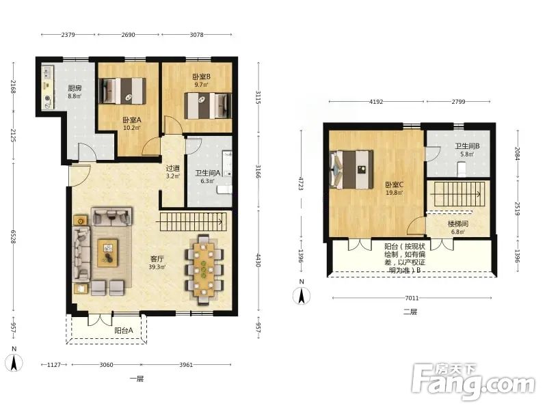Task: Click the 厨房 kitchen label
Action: tap(75, 89)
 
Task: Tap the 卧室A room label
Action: tap(131, 120)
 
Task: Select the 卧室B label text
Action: tap(201, 77)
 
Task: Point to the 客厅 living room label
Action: tap(157, 259)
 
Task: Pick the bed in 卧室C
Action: tap(351, 169)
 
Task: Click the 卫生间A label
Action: tap(208, 173)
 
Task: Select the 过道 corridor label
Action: tap(173, 169)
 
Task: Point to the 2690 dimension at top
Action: tap(128, 35)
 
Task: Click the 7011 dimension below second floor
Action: tap(412, 298)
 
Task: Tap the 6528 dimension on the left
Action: tap(13, 236)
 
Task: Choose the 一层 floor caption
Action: tap(136, 379)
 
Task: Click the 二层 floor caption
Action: tap(410, 312)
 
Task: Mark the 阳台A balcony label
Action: tap(124, 331)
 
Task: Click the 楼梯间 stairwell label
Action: tap(457, 224)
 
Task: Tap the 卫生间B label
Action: tap(467, 146)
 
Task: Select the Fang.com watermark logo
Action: tap(472, 382)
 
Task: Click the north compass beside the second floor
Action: tap(302, 295)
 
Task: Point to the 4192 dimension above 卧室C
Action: tap(376, 102)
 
